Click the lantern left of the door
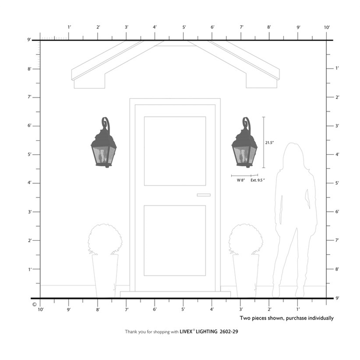pos(104,146)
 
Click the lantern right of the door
pos(244,146)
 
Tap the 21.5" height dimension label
pos(270,142)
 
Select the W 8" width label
pos(241,180)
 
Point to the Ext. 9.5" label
pos(257,180)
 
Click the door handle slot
pos(203,195)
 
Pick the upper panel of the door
pos(175,151)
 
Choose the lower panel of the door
pos(175,240)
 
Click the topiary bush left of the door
pos(105,239)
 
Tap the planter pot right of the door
pos(246,274)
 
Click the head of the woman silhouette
pos(293,155)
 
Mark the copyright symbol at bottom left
pos(34,304)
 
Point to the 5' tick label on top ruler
pos(184,27)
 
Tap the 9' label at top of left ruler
pos(29,40)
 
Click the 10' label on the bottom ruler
pos(40,310)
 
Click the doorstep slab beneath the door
pos(175,294)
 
